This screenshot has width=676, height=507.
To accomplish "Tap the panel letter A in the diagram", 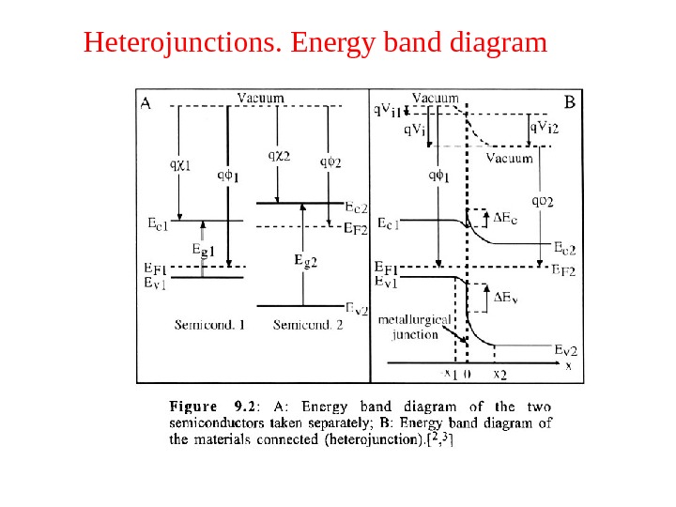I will point(146,104).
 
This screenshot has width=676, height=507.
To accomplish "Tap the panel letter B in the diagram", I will point(569,100).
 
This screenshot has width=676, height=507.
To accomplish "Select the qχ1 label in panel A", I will point(180,164).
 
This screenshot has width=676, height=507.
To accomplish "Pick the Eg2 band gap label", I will point(305,261).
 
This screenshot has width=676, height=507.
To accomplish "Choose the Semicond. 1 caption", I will point(209,326).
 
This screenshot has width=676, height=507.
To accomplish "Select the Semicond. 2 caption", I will point(307,326).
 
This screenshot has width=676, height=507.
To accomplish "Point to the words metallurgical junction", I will point(414,327).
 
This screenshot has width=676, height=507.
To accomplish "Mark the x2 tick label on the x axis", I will point(499,374).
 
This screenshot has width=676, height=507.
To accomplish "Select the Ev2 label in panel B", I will point(565,349).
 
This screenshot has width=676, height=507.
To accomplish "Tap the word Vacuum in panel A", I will point(261,97).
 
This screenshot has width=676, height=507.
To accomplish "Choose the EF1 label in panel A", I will point(156,269).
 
